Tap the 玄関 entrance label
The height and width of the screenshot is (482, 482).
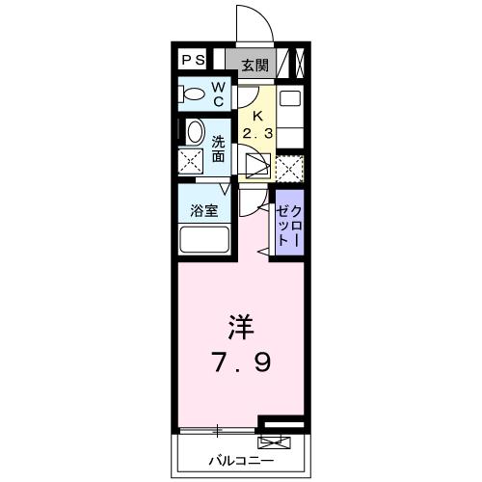[x=255, y=65]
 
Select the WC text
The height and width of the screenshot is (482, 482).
[x=218, y=94]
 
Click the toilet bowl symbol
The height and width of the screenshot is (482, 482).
[x=194, y=95]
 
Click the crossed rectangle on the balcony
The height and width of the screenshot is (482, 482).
[x=274, y=444]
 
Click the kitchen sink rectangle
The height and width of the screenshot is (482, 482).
[x=289, y=98]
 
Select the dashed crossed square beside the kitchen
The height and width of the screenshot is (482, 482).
[x=289, y=167]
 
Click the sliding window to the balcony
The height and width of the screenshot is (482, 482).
[x=220, y=428]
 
